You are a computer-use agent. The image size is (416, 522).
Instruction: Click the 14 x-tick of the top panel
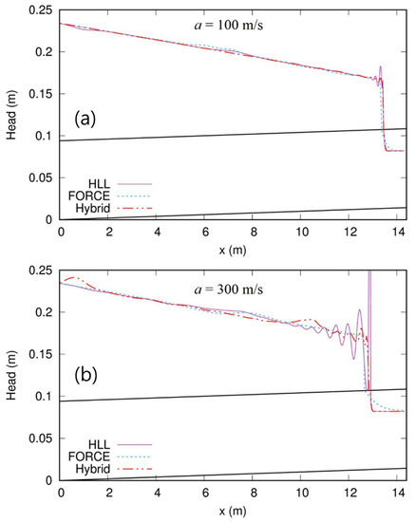coord(399,232)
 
